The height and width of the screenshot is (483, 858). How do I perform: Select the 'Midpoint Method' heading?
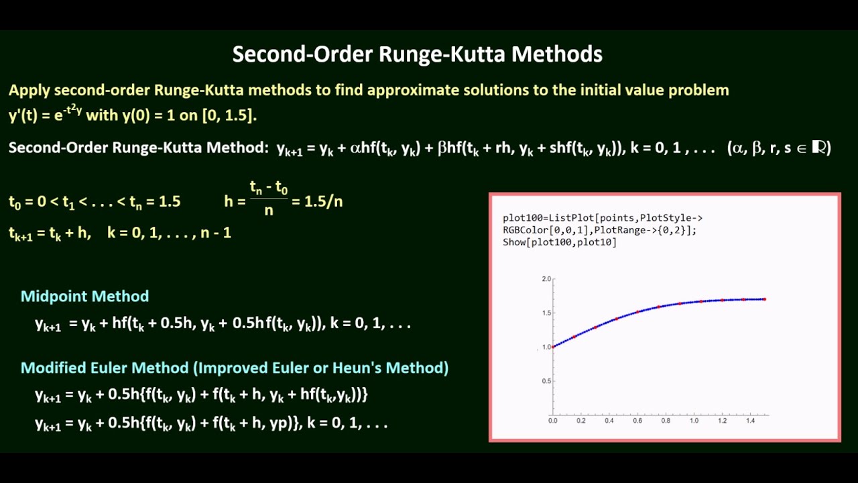click(84, 297)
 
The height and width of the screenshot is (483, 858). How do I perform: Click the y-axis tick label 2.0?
click(546, 278)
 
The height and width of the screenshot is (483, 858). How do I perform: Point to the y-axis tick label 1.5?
click(546, 313)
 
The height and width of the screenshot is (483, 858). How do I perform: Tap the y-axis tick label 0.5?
click(546, 381)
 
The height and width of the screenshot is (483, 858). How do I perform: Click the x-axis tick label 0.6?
click(637, 421)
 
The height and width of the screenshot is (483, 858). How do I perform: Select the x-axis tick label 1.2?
click(723, 421)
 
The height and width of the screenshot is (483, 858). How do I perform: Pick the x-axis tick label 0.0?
click(552, 421)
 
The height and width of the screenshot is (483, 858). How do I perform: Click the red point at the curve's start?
click(553, 347)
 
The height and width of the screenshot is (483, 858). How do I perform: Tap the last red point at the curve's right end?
click(765, 299)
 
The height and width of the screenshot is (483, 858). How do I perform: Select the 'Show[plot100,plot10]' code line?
click(560, 242)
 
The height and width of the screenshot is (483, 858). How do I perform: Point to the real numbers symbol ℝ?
click(819, 148)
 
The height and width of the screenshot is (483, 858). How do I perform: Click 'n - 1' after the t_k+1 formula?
click(216, 233)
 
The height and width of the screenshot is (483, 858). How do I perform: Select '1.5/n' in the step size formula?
click(323, 201)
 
